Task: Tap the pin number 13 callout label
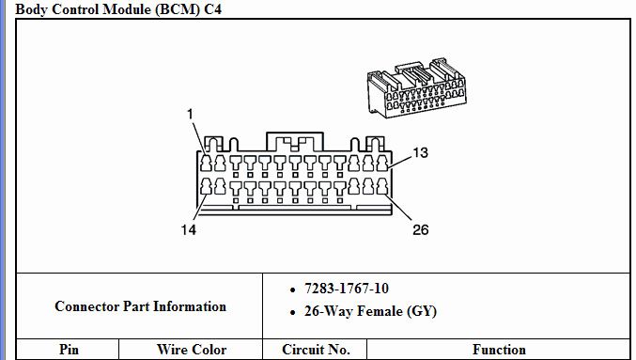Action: (x=420, y=152)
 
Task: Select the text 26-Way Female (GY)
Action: (x=370, y=311)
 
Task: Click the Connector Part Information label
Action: (x=140, y=306)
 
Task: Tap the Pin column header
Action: (x=69, y=350)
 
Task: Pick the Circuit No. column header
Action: (x=316, y=350)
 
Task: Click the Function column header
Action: (x=499, y=350)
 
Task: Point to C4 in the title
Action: (x=214, y=9)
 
